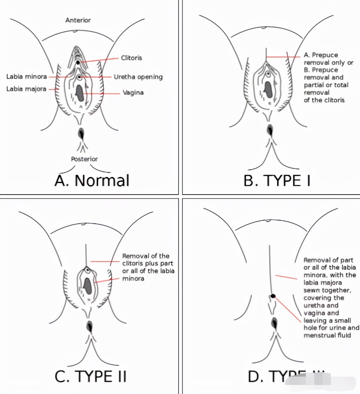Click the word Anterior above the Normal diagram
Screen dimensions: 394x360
(x=78, y=20)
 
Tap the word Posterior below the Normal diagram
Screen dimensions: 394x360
(x=84, y=159)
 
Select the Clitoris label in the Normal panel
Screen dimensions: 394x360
(x=131, y=58)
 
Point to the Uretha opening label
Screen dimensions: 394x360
(x=138, y=77)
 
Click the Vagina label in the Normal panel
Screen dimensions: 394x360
(x=133, y=93)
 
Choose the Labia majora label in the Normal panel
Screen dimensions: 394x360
(x=26, y=89)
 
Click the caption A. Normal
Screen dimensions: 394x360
(x=92, y=180)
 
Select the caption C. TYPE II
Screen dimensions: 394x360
(x=91, y=377)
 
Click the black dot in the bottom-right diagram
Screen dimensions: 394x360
(x=273, y=296)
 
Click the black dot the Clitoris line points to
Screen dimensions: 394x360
(x=78, y=62)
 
